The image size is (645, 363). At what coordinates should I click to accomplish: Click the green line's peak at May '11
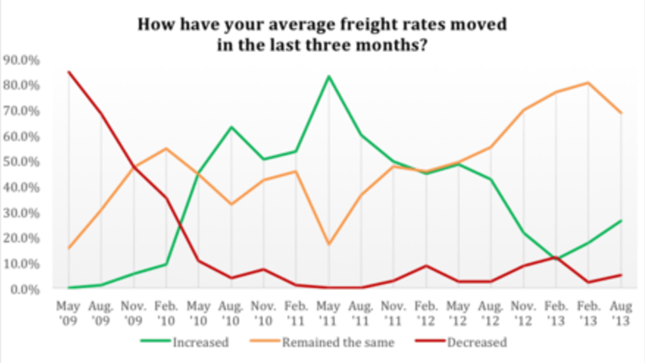tap(328, 76)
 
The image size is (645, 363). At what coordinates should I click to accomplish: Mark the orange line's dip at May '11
tap(328, 244)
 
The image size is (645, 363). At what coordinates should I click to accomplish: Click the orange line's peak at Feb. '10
tap(165, 149)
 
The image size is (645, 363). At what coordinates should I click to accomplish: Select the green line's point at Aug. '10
tap(230, 127)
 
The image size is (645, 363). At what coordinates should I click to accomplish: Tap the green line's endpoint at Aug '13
tap(621, 220)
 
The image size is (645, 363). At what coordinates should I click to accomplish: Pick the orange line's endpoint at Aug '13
tap(621, 113)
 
